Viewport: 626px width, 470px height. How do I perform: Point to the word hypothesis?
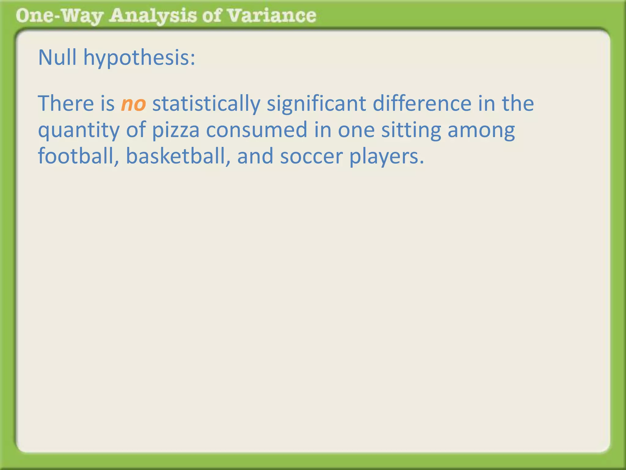(137, 58)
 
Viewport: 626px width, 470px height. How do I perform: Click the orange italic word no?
(133, 104)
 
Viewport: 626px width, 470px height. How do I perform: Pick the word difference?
(422, 103)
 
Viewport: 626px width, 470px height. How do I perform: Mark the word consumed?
(256, 130)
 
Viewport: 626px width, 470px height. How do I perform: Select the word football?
(77, 156)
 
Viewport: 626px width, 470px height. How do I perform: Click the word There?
(66, 103)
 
